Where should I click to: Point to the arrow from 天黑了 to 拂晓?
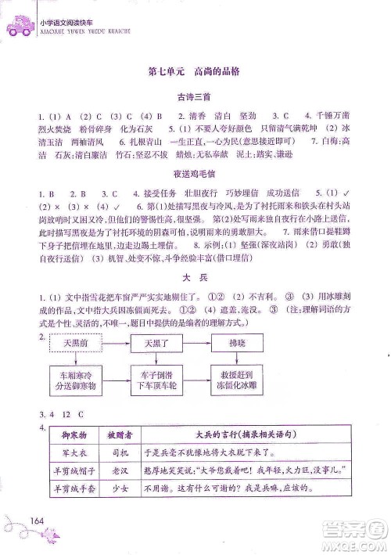(x=195, y=344)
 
